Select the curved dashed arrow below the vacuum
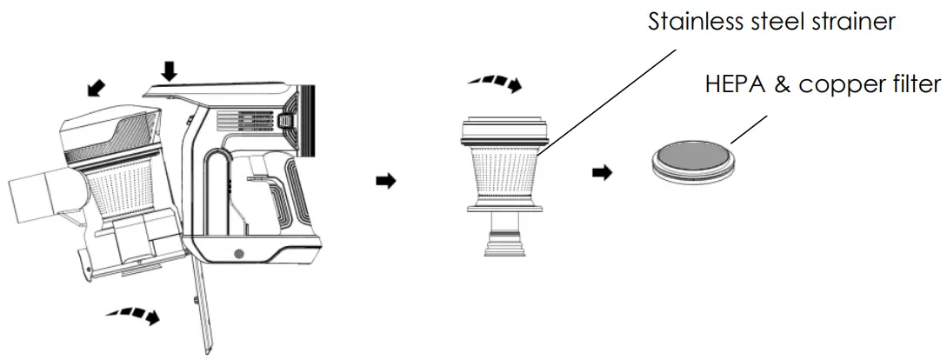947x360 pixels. pos(133,315)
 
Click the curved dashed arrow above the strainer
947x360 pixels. pos(495,83)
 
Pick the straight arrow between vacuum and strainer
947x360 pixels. pos(383,180)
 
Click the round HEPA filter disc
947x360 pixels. pos(693,161)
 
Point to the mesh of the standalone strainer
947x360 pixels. pos(504,169)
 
